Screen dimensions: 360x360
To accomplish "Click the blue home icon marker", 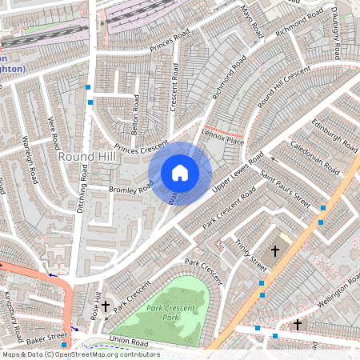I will click(180, 173).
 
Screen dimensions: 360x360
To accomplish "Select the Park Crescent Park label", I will click(171, 311).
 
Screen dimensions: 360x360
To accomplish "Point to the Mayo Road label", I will click(252, 22).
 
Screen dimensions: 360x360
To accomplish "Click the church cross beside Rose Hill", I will click(104, 306).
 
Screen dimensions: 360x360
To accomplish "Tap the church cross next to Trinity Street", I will click(275, 250).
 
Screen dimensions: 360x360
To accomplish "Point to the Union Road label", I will click(130, 343).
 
